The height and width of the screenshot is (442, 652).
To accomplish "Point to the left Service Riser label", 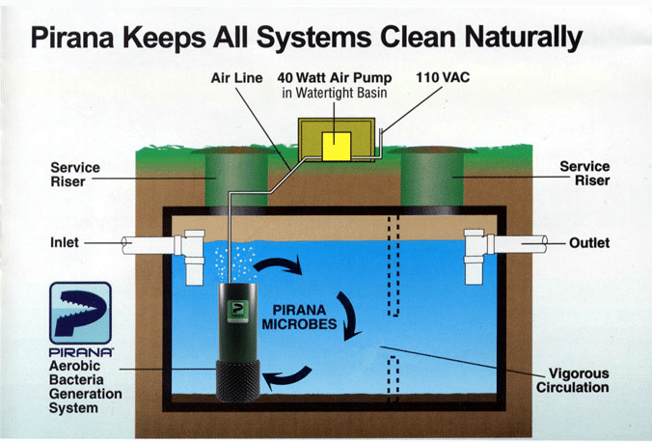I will pos(74,174).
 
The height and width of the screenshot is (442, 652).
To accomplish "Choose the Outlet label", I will pos(588,243).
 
